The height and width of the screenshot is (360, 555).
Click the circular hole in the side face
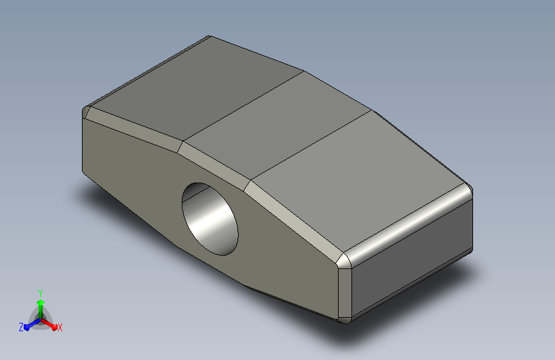(x=210, y=219)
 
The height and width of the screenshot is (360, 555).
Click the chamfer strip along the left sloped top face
(x=134, y=129)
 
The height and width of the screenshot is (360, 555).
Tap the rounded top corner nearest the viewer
(x=344, y=261)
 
